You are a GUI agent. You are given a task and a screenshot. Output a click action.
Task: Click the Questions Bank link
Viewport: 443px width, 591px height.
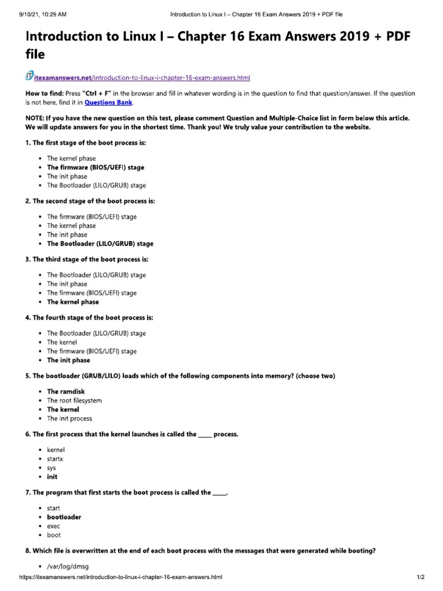pos(108,103)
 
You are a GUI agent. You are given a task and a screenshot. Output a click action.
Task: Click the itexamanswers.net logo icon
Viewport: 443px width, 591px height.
pos(31,76)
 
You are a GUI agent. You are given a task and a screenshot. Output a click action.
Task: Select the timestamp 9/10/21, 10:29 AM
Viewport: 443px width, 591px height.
pos(36,13)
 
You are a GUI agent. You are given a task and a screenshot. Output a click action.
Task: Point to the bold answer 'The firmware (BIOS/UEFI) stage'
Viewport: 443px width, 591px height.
pos(96,167)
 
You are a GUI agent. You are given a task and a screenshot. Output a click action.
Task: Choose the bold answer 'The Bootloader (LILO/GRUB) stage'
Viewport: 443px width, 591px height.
pos(100,244)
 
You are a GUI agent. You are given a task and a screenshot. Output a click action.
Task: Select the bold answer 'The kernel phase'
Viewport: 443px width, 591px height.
pos(73,302)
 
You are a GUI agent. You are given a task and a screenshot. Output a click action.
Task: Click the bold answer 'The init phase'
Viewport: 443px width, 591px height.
pos(68,360)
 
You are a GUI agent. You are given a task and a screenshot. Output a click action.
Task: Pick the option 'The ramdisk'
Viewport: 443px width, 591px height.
pos(66,391)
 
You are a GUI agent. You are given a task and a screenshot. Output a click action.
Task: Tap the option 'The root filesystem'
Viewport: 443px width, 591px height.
pos(74,401)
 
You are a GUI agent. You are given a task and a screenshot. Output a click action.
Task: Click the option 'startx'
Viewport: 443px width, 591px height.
pos(55,459)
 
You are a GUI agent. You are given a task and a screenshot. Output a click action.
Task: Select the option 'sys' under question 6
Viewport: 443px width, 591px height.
pos(51,468)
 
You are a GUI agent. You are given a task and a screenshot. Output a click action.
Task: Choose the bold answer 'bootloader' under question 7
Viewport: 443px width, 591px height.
pos(64,517)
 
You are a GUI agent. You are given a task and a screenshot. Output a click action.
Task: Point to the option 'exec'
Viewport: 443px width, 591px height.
pos(54,526)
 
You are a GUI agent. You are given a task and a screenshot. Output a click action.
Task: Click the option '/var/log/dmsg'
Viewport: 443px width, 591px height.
pos(68,566)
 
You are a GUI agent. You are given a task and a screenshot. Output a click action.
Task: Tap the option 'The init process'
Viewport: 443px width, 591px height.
pos(69,418)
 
